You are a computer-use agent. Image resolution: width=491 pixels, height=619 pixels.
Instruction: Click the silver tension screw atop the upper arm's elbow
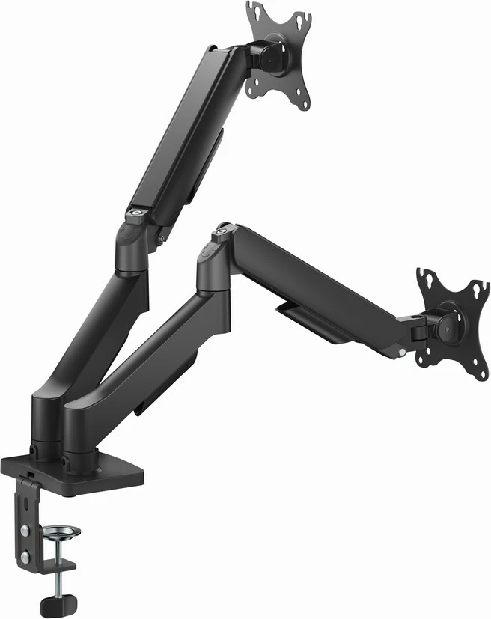(137, 213)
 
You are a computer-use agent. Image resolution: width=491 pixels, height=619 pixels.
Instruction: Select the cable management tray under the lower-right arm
(307, 318)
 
